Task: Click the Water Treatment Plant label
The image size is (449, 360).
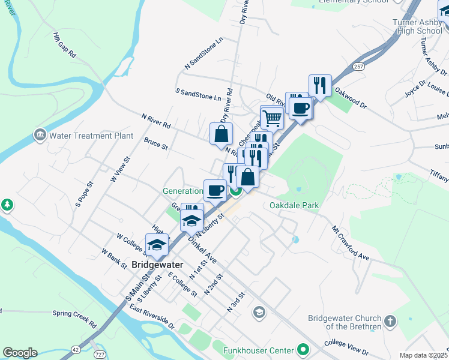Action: [x=91, y=136]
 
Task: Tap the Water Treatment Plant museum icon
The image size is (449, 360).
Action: [x=40, y=134]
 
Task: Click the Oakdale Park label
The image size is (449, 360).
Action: [x=294, y=205]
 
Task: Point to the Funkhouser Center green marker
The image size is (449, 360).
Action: [x=304, y=350]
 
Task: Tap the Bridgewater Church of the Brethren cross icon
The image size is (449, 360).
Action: [x=390, y=321]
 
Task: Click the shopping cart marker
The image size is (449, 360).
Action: [x=273, y=118]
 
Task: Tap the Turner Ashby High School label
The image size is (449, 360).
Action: [x=417, y=26]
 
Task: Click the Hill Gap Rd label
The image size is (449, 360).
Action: [x=64, y=45]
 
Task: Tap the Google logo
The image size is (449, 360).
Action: [x=20, y=353]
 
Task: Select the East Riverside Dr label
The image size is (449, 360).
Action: [x=152, y=317]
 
